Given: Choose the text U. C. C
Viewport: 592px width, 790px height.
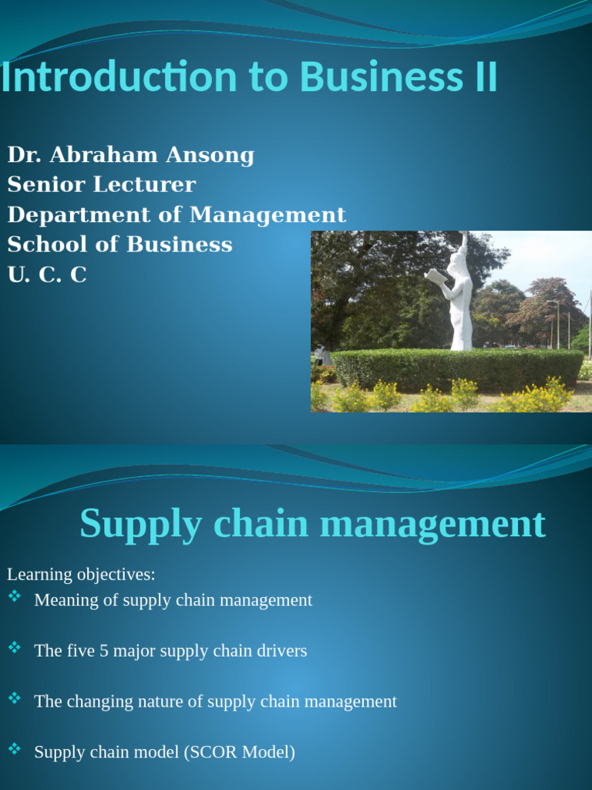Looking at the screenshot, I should click(x=47, y=275).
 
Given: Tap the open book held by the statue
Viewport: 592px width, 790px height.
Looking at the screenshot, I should click(x=436, y=278).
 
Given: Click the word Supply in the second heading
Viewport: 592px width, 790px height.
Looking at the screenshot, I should click(x=141, y=525).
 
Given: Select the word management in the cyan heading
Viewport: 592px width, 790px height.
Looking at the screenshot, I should click(x=432, y=525).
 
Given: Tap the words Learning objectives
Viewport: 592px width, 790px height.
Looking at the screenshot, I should click(x=81, y=575).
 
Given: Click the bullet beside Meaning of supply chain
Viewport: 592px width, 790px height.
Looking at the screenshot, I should click(x=15, y=596).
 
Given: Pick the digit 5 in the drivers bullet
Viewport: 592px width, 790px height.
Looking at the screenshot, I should click(x=103, y=651).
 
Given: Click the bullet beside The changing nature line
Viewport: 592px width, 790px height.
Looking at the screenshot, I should click(x=15, y=698).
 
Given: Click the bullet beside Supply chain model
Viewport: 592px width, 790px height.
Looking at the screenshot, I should click(x=15, y=748).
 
